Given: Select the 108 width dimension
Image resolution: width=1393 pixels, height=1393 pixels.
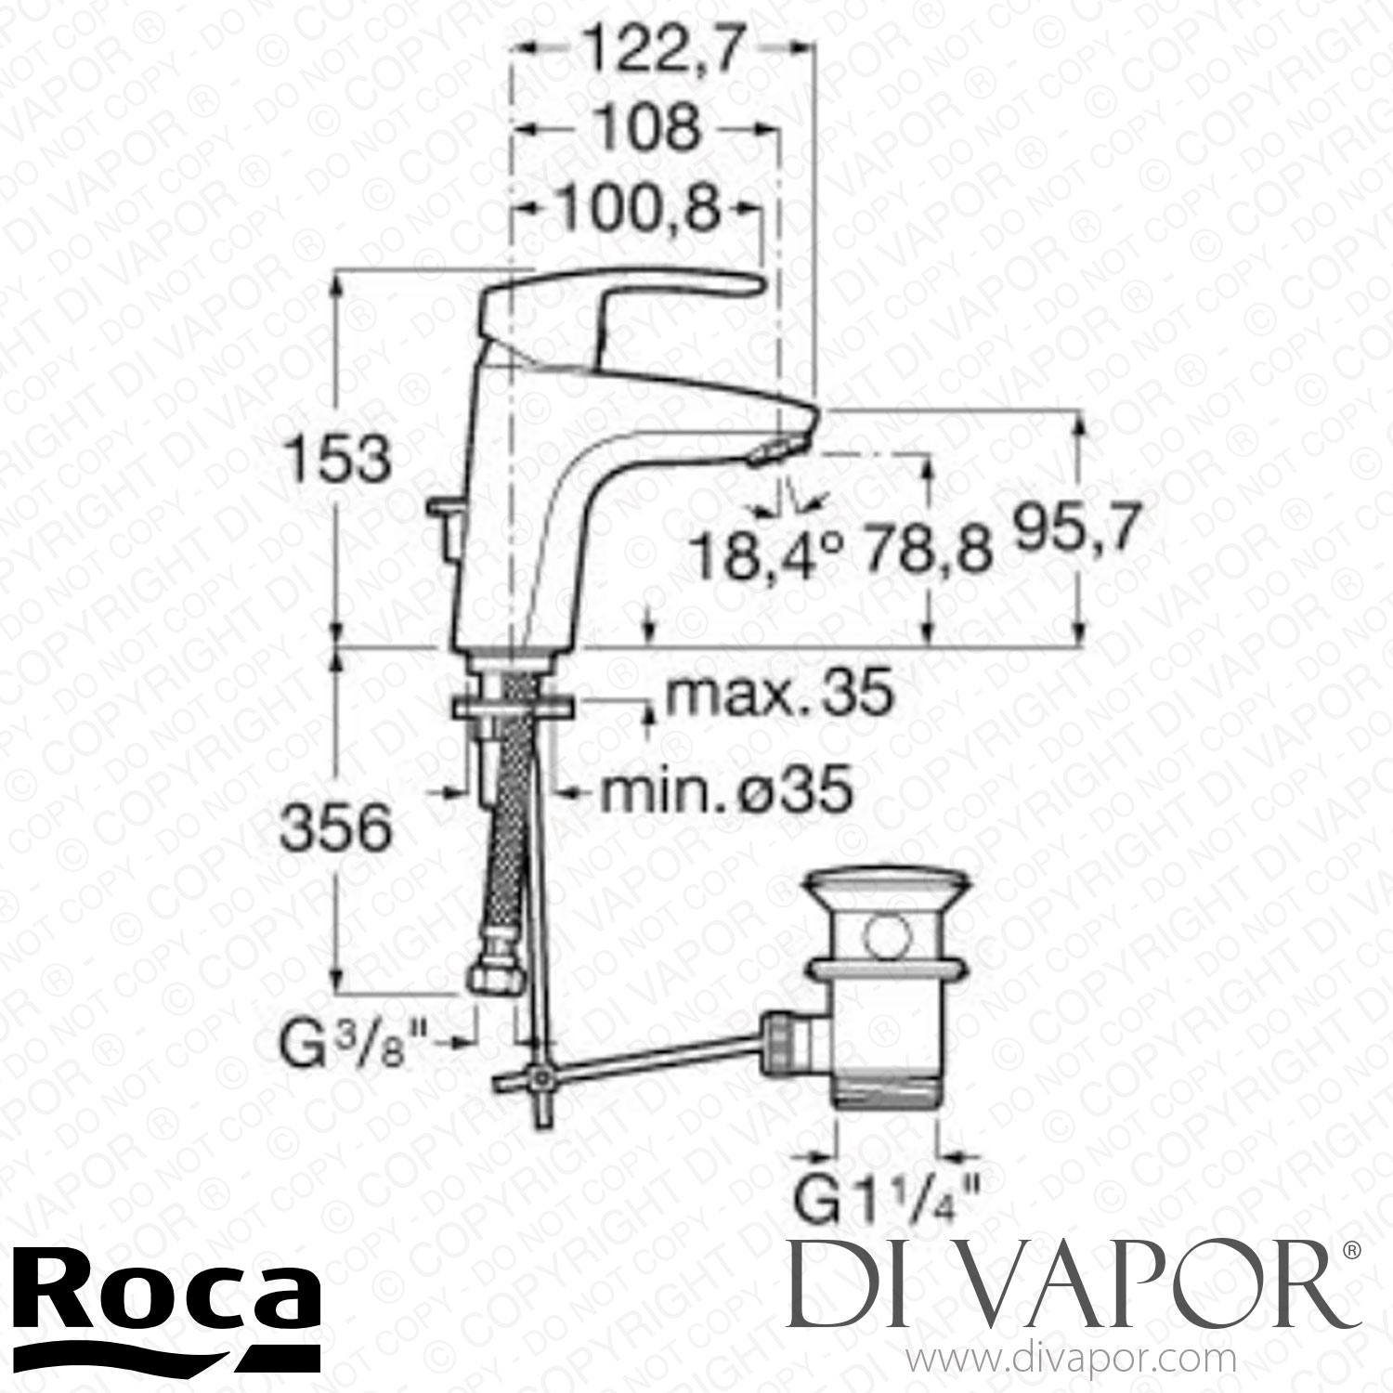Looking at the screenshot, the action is [646, 130].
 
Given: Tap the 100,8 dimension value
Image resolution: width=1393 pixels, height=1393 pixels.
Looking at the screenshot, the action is [639, 211].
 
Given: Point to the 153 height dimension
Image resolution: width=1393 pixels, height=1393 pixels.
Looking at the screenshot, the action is [336, 461].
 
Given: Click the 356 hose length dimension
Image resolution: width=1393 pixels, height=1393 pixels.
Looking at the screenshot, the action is [336, 829].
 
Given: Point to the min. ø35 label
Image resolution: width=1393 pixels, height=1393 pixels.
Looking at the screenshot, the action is [726, 792].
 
